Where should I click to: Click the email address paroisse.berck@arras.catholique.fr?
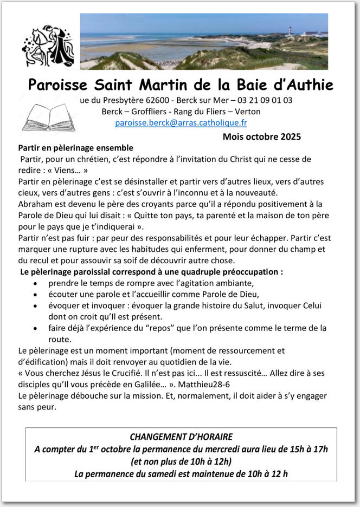tap(181, 123)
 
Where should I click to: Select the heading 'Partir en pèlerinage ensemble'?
tap(75, 147)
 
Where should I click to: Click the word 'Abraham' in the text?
tap(36, 204)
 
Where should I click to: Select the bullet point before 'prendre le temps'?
tap(36, 283)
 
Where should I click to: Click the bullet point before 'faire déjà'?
tap(36, 328)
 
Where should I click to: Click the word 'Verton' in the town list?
tap(247, 112)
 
